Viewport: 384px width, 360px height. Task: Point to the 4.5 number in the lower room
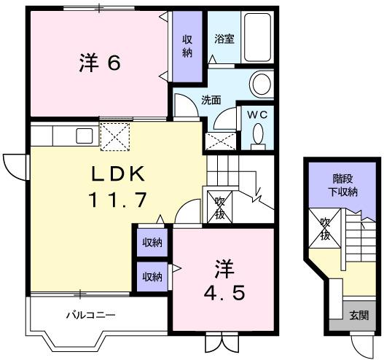click(x=224, y=294)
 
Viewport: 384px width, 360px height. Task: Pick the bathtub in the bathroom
click(x=256, y=39)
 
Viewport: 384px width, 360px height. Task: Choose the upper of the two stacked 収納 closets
click(x=152, y=243)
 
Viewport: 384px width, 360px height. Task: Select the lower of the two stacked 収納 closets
click(x=152, y=276)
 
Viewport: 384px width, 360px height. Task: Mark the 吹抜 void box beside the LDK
click(x=217, y=207)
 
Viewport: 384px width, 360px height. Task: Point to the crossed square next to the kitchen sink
click(x=114, y=136)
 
